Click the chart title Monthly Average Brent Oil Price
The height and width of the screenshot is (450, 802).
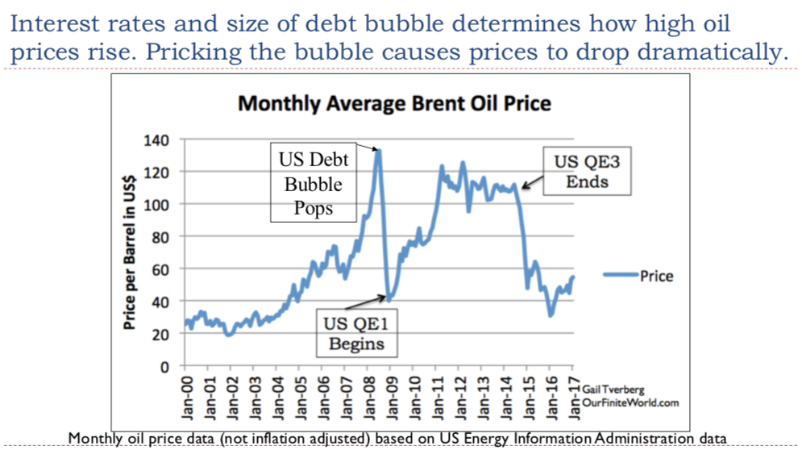tap(395, 104)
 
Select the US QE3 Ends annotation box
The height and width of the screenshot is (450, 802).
tap(586, 171)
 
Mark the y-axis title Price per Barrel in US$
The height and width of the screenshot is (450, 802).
tap(129, 253)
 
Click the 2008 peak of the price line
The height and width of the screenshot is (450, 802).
tap(379, 151)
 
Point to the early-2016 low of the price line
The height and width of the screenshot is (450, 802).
tap(551, 315)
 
